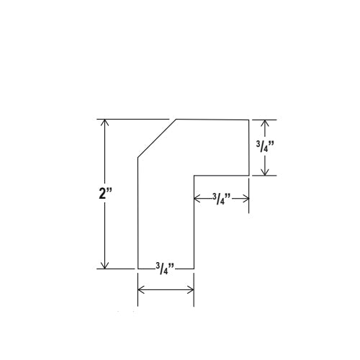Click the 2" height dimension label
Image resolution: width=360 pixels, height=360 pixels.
[105, 193]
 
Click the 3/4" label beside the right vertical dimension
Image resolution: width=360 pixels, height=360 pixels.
[265, 146]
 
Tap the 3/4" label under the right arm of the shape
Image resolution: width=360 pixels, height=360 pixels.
[222, 199]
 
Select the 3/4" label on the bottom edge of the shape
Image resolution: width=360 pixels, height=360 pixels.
[165, 269]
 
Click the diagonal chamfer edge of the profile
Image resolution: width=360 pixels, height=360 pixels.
[157, 138]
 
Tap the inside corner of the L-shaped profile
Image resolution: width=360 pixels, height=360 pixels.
[194, 176]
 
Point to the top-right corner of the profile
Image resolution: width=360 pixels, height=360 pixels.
[248, 120]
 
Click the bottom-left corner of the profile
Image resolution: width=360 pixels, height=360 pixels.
[138, 269]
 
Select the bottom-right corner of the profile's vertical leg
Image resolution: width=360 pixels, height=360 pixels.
[194, 269]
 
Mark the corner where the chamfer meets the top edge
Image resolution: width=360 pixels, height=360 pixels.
[176, 119]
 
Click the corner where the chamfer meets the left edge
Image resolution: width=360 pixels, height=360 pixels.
[138, 158]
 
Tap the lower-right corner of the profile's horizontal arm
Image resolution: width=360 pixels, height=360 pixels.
[249, 176]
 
